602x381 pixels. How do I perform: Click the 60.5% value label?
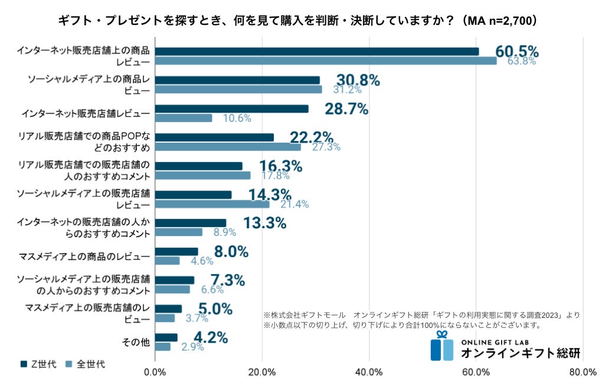(x=516, y=51)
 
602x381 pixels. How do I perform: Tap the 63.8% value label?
(x=521, y=61)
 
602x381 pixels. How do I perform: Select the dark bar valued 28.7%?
(x=231, y=109)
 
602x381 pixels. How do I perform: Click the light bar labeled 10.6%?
(x=184, y=118)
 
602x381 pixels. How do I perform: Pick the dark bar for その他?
(x=166, y=337)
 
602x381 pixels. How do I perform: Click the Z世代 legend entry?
(x=38, y=364)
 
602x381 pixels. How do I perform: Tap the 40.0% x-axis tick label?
(x=369, y=372)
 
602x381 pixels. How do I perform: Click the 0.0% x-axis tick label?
(x=155, y=372)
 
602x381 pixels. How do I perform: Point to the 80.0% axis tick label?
(x=583, y=372)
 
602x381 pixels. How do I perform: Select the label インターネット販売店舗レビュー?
(x=85, y=113)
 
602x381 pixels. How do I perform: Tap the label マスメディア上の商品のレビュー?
(x=84, y=256)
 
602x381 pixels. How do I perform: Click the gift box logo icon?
(x=441, y=347)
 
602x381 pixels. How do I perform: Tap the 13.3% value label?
(x=265, y=223)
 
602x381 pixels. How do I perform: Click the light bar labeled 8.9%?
(x=178, y=232)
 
